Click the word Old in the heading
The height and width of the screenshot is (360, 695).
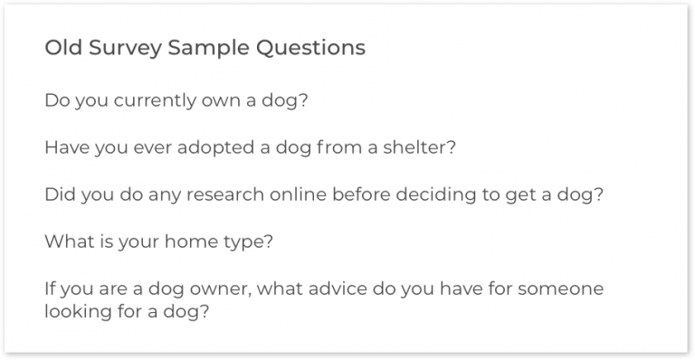pyautogui.click(x=61, y=48)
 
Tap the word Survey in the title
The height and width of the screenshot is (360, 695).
pyautogui.click(x=120, y=49)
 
